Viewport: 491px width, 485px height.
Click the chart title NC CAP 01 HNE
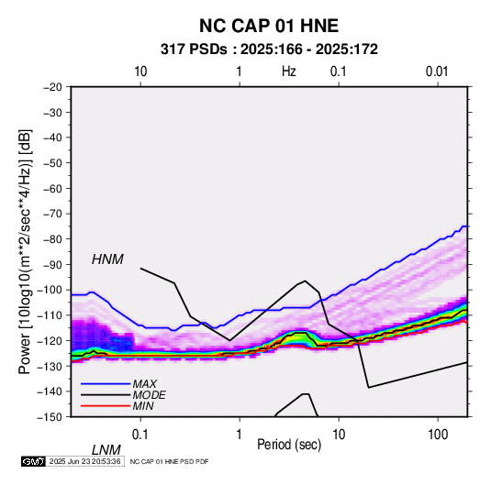(x=269, y=26)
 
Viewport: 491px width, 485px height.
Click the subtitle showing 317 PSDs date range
(x=269, y=50)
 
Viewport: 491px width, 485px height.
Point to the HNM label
(x=107, y=259)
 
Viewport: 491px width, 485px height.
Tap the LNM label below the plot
(x=106, y=450)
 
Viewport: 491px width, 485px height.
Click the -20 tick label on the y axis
(x=52, y=87)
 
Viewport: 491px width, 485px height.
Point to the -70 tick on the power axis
(x=52, y=214)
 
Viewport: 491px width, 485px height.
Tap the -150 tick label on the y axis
(x=50, y=417)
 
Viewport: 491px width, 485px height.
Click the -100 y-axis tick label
(x=50, y=290)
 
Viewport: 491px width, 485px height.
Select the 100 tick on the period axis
(x=438, y=435)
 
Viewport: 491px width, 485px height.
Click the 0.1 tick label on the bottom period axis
(x=140, y=435)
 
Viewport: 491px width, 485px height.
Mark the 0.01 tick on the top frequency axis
(x=437, y=72)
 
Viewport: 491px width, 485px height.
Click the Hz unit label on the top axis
(x=289, y=72)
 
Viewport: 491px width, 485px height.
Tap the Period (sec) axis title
(x=289, y=445)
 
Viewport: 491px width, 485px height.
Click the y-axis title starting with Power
(x=25, y=252)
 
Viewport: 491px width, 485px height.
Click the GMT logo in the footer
(x=33, y=461)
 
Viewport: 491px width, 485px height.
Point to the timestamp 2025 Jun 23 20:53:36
(x=84, y=461)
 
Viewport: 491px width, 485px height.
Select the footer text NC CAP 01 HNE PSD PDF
(x=169, y=461)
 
